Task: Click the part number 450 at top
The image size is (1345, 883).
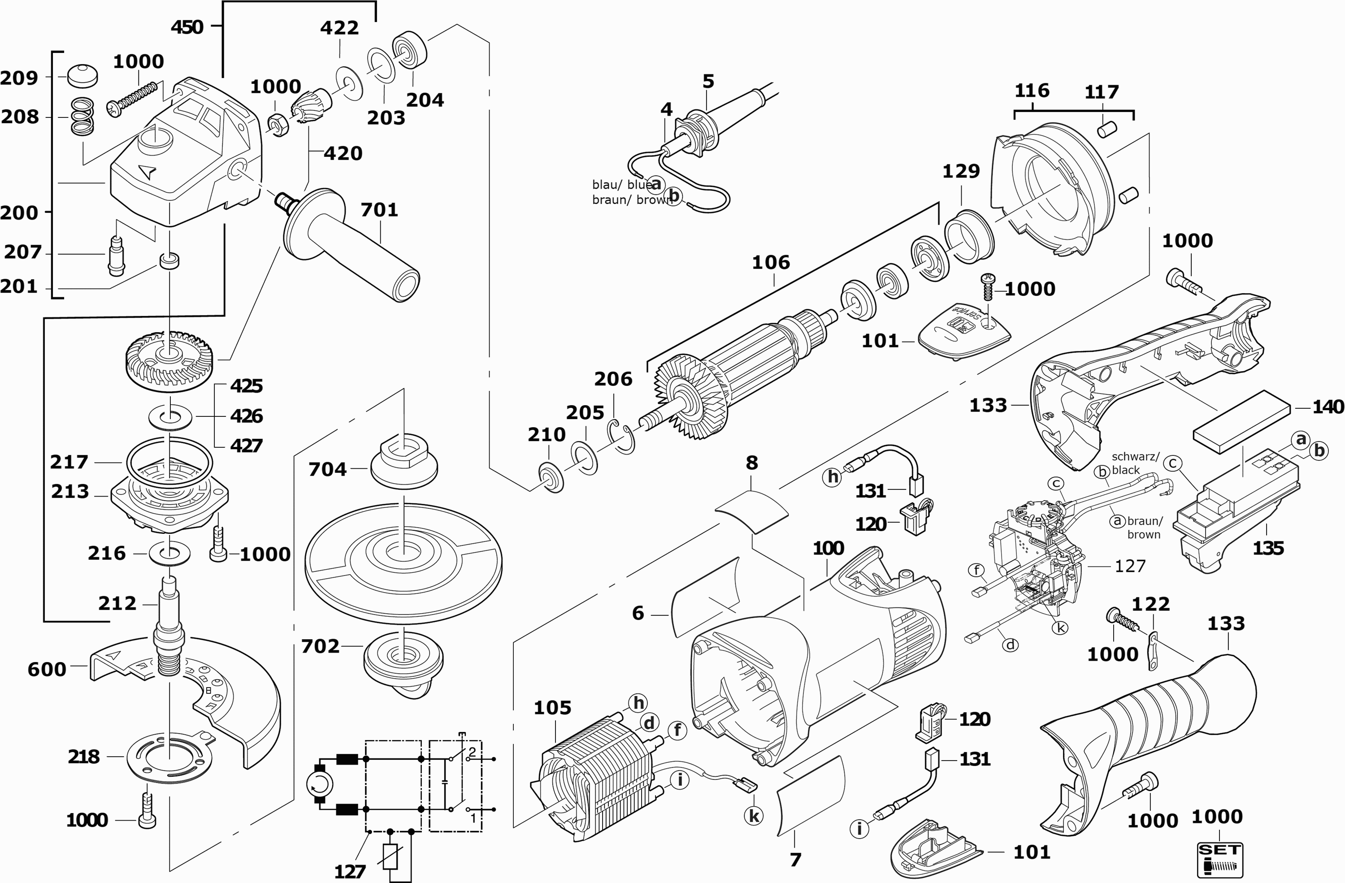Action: click(x=187, y=26)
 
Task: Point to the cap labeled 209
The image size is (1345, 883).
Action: click(x=82, y=76)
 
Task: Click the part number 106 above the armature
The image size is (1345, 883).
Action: click(x=771, y=263)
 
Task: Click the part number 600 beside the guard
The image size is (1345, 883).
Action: click(x=47, y=670)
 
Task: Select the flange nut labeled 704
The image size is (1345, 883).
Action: click(x=404, y=464)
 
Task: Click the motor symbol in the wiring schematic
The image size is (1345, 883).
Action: click(x=319, y=783)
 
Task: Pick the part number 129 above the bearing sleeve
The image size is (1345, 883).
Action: click(x=961, y=171)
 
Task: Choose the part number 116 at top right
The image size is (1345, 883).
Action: click(x=1032, y=91)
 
